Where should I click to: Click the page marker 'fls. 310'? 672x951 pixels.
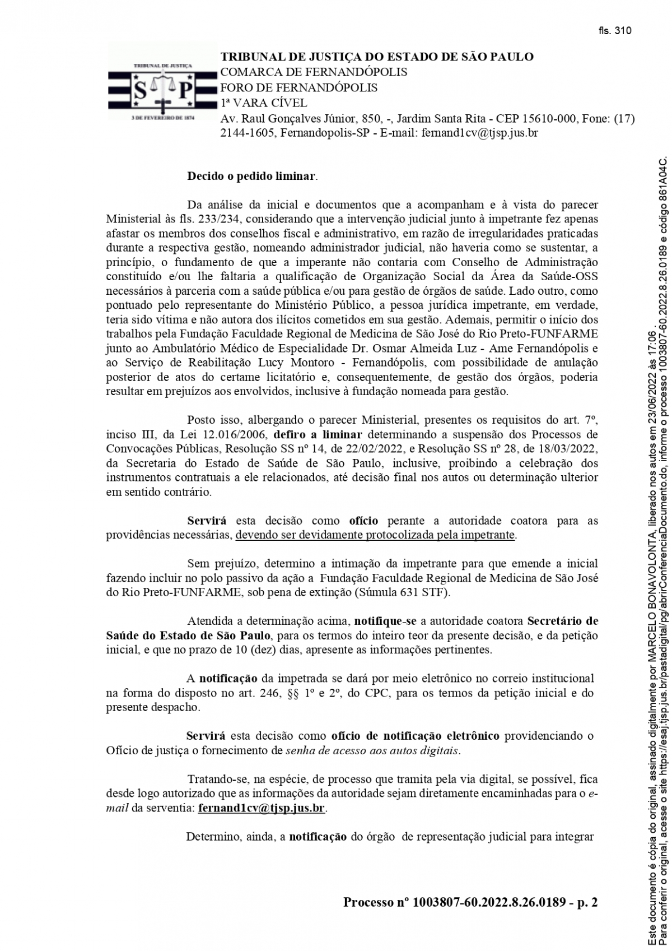click(x=614, y=31)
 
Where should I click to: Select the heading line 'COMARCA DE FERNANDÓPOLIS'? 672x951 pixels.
click(x=314, y=72)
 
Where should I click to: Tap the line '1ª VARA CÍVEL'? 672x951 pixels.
click(x=264, y=103)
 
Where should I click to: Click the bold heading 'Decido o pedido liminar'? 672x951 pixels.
click(x=251, y=177)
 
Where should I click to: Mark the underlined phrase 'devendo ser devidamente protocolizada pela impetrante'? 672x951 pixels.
click(x=375, y=535)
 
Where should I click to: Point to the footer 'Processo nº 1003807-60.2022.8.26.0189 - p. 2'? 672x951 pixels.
click(x=470, y=902)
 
